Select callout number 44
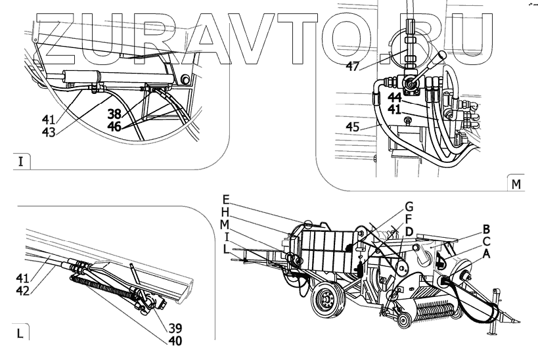[x=394, y=97]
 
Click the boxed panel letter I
[x=20, y=160]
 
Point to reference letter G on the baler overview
[x=408, y=206]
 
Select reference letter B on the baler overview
[x=487, y=229]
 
